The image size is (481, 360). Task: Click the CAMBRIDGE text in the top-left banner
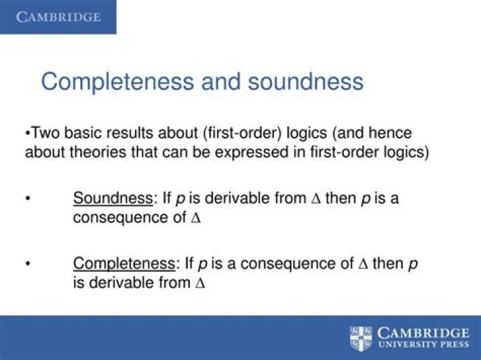coord(58,17)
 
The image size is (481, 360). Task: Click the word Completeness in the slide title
coord(118,82)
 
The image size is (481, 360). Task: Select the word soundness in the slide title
coord(305,81)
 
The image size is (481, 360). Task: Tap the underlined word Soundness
coord(113,198)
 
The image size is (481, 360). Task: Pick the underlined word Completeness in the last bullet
coord(124,264)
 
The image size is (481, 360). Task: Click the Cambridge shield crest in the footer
coord(361,339)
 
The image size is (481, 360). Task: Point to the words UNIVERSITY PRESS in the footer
coord(424,344)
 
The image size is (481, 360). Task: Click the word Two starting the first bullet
coord(46,133)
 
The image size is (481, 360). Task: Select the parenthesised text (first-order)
coord(242,134)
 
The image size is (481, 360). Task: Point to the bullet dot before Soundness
coord(28,198)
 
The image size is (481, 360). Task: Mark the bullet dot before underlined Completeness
coord(28,264)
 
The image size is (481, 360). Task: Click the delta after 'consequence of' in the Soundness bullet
coord(195,218)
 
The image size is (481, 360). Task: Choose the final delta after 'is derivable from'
coord(200,283)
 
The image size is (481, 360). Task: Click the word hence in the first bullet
coord(390,133)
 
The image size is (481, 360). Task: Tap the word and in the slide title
coord(221,81)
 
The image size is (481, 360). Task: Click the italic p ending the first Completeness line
coord(414,265)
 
